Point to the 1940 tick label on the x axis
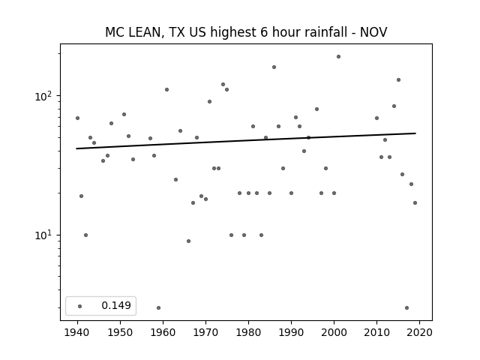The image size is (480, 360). click(77, 332)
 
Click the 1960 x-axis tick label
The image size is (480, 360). click(163, 332)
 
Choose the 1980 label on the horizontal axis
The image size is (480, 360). click(248, 332)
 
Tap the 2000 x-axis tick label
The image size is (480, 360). click(334, 332)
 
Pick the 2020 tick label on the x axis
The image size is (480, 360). click(419, 332)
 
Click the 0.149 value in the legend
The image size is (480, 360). click(116, 305)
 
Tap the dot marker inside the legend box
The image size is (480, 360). click(80, 306)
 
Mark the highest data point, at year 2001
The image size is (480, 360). click(338, 57)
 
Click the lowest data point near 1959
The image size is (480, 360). click(158, 307)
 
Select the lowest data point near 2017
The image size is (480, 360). click(406, 307)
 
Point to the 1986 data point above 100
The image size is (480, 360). click(274, 67)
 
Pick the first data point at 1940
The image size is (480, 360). click(77, 118)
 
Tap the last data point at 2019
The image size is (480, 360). click(415, 202)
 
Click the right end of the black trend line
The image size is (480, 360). click(415, 133)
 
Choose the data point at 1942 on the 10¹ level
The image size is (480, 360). click(85, 235)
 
